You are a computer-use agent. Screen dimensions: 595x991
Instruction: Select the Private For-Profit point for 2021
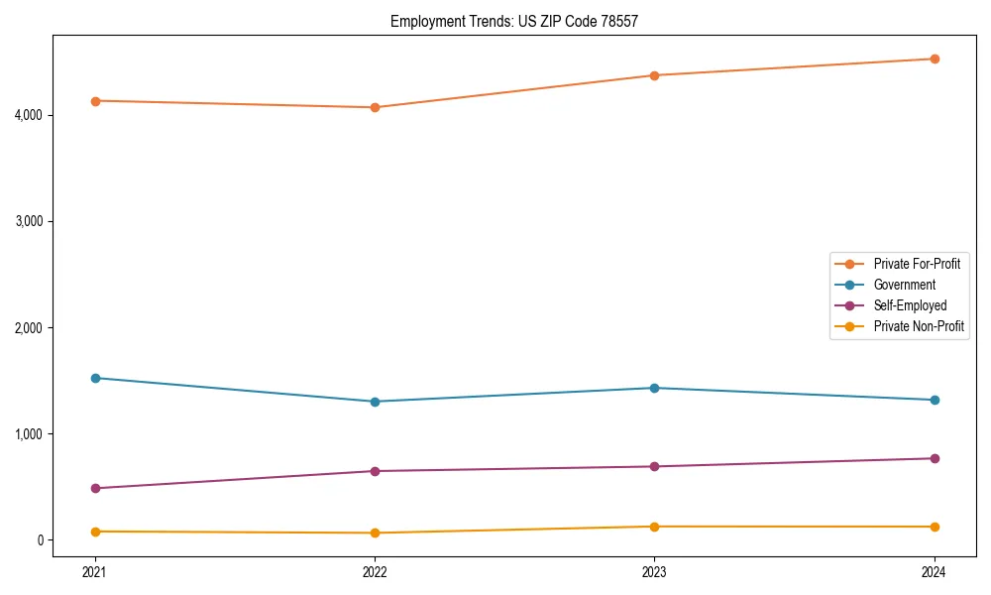95,101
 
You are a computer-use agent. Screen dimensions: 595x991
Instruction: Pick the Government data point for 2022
375,402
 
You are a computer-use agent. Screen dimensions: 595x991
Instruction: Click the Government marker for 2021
95,378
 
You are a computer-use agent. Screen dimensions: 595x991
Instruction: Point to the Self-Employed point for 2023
654,466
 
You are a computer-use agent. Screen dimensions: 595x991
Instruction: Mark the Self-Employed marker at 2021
95,488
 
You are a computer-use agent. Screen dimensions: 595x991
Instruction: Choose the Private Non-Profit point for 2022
375,533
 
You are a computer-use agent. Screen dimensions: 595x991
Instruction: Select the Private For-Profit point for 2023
654,75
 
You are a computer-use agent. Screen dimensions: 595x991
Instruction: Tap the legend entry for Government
904,285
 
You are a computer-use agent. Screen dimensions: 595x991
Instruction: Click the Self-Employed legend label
910,305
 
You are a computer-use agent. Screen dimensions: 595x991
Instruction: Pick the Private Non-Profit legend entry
919,326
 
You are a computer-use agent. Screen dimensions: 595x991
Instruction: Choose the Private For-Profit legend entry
917,264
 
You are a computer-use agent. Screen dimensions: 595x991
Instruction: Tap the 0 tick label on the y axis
43,540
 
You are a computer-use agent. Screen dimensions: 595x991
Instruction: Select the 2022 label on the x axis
375,571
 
